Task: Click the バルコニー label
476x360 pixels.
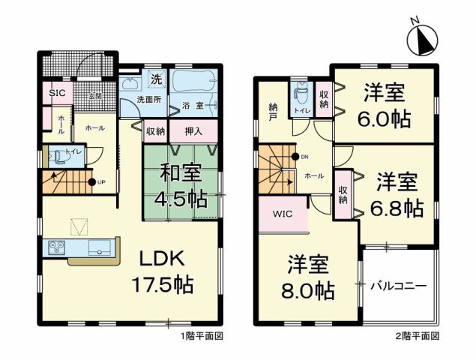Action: coord(398,286)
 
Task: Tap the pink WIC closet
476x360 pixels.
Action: coord(283,213)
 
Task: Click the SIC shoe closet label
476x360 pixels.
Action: coord(57,94)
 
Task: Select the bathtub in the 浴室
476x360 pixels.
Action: coord(194,82)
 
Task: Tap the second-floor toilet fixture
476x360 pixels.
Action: coord(301,94)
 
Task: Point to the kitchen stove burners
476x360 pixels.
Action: coord(58,245)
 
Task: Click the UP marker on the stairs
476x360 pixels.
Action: coord(96,182)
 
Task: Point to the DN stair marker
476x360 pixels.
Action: coord(301,157)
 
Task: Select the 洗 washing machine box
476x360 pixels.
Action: coord(157,79)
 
